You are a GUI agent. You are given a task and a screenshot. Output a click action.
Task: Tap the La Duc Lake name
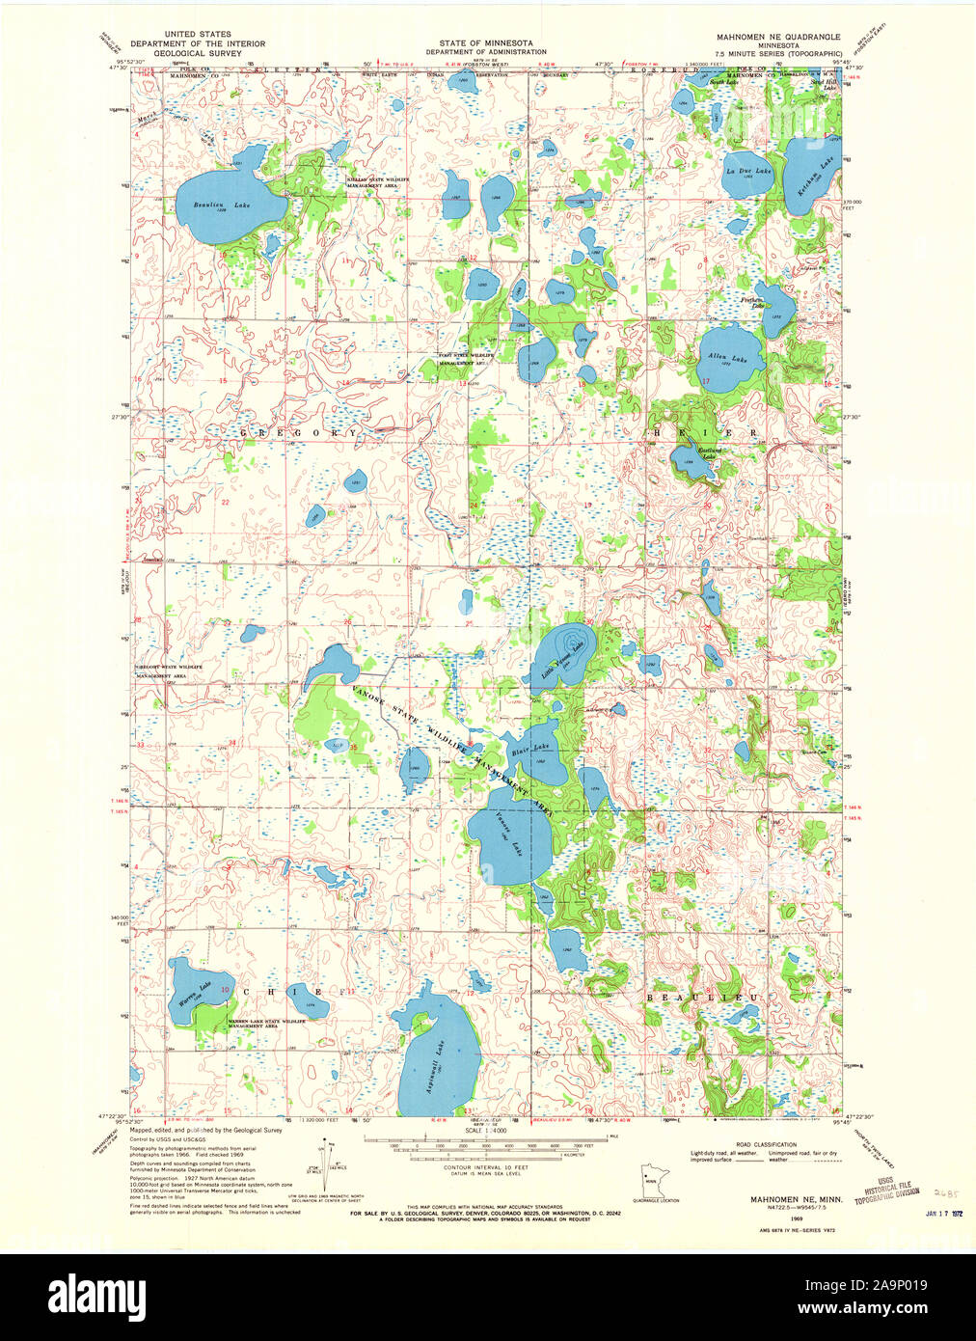pyautogui.click(x=748, y=171)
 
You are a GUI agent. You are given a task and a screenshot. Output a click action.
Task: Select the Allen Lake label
pyautogui.click(x=727, y=358)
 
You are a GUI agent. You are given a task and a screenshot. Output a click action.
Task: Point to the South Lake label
pyautogui.click(x=723, y=83)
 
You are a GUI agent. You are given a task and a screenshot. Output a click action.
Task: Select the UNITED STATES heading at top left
pyautogui.click(x=198, y=34)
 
